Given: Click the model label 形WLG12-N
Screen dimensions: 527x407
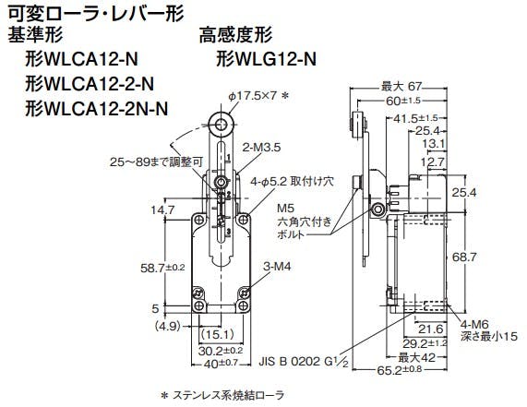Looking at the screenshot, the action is (x=266, y=59).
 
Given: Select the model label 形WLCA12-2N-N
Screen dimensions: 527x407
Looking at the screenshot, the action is (x=97, y=109).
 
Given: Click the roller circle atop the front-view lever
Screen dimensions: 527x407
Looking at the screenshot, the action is (x=221, y=126).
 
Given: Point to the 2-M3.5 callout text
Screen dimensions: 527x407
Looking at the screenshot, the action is (x=261, y=148).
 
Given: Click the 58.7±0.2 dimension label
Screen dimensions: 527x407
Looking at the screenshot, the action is (x=163, y=268).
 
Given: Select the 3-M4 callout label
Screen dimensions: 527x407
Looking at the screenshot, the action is (x=277, y=267).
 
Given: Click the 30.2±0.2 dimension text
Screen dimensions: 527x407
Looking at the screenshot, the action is (x=221, y=351).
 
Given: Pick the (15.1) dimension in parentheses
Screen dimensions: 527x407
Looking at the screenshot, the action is (x=217, y=334).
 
